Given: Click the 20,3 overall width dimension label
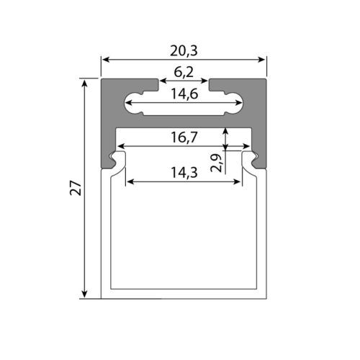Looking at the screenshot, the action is click(x=184, y=51).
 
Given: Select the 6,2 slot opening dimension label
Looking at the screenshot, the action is click(x=184, y=72).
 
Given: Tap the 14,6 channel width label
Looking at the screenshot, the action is click(x=184, y=94).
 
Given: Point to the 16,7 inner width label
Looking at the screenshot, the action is click(x=184, y=138).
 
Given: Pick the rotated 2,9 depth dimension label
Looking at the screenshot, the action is click(x=216, y=163).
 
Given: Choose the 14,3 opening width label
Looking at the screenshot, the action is click(x=184, y=173).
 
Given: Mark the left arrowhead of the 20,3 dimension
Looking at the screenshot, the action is click(x=105, y=60).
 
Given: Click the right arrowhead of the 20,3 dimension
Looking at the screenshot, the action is click(x=261, y=60).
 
